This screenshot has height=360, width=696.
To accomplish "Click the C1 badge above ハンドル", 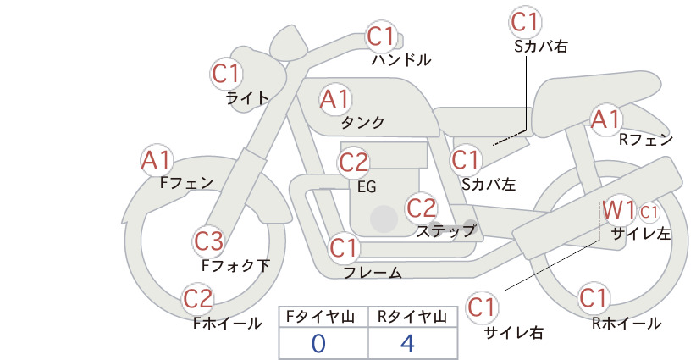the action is tap(381, 36).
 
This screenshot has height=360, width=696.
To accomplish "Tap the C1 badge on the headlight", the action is tap(226, 74).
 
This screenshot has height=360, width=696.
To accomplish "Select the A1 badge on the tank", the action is tap(335, 99).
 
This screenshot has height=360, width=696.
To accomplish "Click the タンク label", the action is tap(362, 123).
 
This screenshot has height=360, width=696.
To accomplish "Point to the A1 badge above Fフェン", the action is tap(157, 160).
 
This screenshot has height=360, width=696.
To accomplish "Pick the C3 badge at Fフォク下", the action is tap(208, 241).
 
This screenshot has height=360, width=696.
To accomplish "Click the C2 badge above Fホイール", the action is tap(198, 298).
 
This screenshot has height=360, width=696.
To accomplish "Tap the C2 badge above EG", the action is tap(353, 163).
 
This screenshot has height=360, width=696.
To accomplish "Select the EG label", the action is tap(367, 187).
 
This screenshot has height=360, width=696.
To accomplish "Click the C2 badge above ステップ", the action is tap(422, 208).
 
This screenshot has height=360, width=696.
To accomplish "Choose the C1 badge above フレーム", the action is tap(344, 247).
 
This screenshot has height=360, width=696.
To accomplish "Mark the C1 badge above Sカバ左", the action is tap(466, 160).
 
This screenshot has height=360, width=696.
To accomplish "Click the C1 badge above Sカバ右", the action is tap(525, 22).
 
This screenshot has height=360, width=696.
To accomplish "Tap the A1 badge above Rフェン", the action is tap(605, 119).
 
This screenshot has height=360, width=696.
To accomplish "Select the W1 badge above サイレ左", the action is tap(619, 210).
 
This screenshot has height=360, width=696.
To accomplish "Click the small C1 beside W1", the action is tap(649, 212).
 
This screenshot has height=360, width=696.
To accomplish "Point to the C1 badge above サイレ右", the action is tap(482, 307).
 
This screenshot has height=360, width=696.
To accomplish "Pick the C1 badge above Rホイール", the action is tap(593, 297).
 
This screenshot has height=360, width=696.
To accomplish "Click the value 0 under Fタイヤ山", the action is tap(318, 344).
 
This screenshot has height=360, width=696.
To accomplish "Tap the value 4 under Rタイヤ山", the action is tap(407, 344).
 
